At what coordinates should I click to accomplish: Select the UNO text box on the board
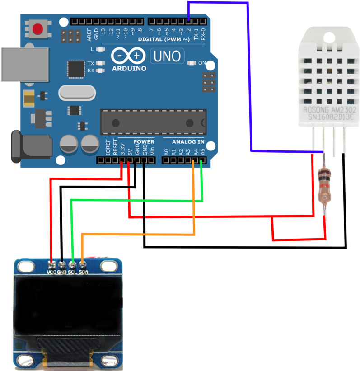point(167,56)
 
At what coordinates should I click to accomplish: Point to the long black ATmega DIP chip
point(153,122)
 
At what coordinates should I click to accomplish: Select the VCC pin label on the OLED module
point(51,272)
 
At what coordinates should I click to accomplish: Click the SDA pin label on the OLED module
point(83,272)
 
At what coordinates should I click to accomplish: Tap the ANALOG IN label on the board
point(188,142)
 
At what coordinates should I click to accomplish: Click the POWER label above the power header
point(144,142)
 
